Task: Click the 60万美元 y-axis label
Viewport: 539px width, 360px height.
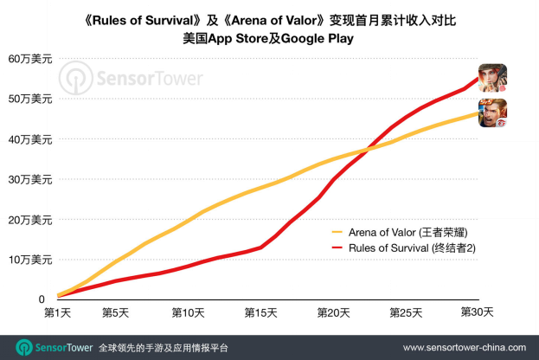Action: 29,59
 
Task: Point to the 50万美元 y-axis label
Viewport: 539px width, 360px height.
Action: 29,100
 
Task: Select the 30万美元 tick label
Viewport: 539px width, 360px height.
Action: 29,179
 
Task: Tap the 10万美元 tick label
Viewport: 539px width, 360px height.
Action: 29,260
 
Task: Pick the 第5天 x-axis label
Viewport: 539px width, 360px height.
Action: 116,312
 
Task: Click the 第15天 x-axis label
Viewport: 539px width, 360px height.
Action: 260,312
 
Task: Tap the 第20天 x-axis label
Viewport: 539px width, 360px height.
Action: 331,312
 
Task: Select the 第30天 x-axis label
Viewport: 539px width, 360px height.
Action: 474,312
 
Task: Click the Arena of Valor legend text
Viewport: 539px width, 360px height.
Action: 412,231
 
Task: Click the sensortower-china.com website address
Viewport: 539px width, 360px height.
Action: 459,347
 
